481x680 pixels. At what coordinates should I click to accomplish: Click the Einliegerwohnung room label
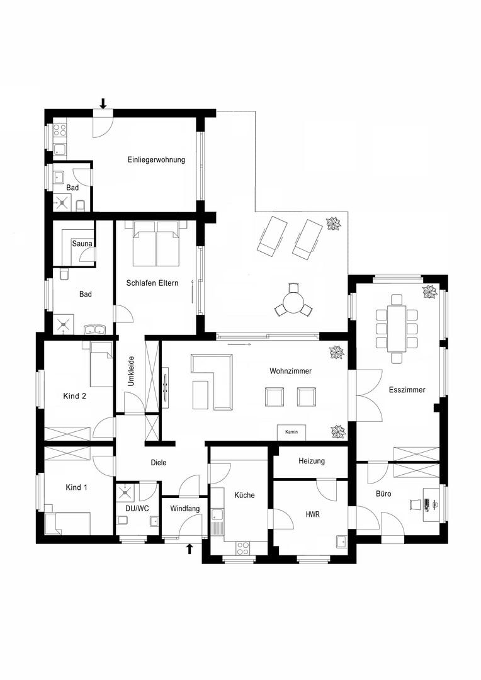click(x=156, y=160)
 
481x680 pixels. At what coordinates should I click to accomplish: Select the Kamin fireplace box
click(x=291, y=433)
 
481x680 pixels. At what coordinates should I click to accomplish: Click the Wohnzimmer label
click(x=290, y=371)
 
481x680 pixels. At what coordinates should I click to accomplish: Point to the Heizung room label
click(x=312, y=462)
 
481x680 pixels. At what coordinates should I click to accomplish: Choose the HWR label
click(x=313, y=514)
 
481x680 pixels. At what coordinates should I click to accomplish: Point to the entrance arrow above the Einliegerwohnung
click(x=103, y=103)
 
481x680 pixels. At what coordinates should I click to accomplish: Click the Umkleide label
click(x=131, y=371)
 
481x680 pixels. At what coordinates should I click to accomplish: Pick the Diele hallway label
click(x=159, y=463)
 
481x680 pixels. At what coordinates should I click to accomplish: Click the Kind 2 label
click(x=74, y=396)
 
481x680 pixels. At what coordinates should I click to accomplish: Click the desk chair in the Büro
click(x=415, y=504)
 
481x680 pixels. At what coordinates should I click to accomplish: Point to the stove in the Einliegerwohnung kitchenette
click(x=60, y=130)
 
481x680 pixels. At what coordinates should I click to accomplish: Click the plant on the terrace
click(x=332, y=224)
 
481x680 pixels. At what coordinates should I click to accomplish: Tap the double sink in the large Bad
click(x=96, y=328)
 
